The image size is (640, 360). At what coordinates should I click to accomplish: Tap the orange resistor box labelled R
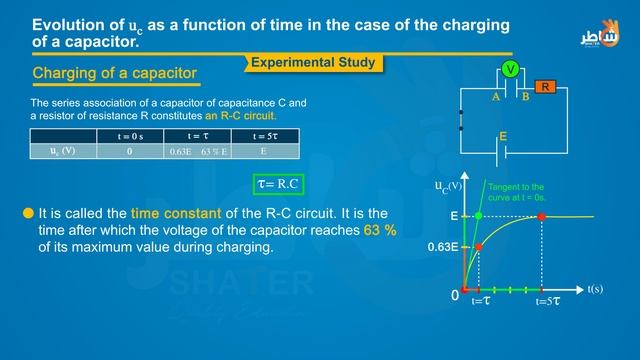click(x=545, y=87)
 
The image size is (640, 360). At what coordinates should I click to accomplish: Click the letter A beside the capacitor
click(x=495, y=98)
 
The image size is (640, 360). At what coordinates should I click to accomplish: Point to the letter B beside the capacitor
click(x=525, y=98)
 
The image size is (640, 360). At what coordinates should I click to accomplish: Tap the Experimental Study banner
click(x=313, y=63)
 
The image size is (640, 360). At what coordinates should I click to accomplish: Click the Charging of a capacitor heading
click(x=115, y=74)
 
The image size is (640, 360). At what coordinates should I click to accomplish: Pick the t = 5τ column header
click(x=263, y=135)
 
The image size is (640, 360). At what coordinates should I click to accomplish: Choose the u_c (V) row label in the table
click(x=63, y=151)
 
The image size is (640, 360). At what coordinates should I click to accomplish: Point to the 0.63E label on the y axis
click(x=443, y=246)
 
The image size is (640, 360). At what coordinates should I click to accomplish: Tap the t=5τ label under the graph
click(x=546, y=301)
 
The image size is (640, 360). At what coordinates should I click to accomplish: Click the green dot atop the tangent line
click(x=479, y=216)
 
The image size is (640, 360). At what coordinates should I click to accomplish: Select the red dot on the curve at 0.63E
click(x=478, y=246)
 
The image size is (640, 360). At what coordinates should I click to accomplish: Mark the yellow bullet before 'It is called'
click(x=26, y=213)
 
